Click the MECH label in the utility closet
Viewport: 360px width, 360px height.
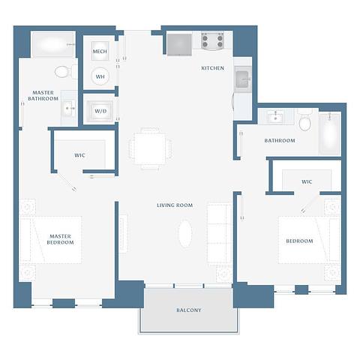pyautogui.click(x=100, y=52)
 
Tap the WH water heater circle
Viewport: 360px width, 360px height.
pyautogui.click(x=100, y=76)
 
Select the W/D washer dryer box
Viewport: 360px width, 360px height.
pyautogui.click(x=100, y=111)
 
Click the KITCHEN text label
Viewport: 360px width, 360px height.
pyautogui.click(x=212, y=68)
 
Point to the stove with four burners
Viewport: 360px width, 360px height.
pyautogui.click(x=212, y=40)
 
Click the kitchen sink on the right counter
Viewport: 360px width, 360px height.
pyautogui.click(x=244, y=79)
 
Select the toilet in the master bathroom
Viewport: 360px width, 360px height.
pyautogui.click(x=63, y=72)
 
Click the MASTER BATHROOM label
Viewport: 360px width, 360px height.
pyautogui.click(x=43, y=95)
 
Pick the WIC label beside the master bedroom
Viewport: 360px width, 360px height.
pyautogui.click(x=79, y=155)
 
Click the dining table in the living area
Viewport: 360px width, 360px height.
pyautogui.click(x=151, y=148)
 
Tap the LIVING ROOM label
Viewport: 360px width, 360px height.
pyautogui.click(x=175, y=205)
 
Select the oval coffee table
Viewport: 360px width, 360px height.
pyautogui.click(x=185, y=232)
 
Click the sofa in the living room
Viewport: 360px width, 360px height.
pyautogui.click(x=220, y=232)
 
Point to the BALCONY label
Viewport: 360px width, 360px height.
pyautogui.click(x=188, y=310)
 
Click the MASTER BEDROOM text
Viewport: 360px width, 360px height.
pyautogui.click(x=60, y=238)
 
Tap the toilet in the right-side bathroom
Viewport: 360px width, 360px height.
pyautogui.click(x=304, y=121)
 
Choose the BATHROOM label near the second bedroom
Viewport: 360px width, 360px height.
pyautogui.click(x=280, y=140)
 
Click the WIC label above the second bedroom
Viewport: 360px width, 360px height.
pyautogui.click(x=307, y=181)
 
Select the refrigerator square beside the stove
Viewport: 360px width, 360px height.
pyautogui.click(x=180, y=44)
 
